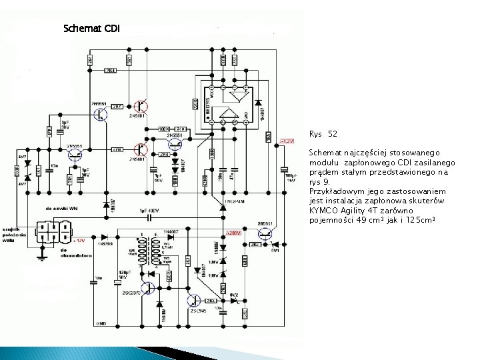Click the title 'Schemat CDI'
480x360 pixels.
click(x=91, y=29)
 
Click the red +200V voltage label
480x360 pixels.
click(x=233, y=233)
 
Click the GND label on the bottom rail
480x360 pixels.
click(x=101, y=323)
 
